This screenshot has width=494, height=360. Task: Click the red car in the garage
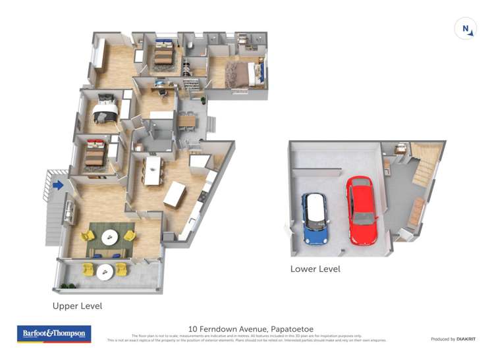tap(362, 210)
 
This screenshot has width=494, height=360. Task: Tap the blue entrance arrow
tap(58, 186)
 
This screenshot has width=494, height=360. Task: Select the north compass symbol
tap(466, 29)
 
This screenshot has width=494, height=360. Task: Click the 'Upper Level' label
tap(77, 306)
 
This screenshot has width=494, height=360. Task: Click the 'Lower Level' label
tap(315, 269)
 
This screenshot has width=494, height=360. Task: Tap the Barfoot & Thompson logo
tap(54, 334)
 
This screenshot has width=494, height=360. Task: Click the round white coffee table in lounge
tap(109, 237)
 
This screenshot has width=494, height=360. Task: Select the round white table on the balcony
tap(105, 270)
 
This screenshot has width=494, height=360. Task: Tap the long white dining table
tap(153, 170)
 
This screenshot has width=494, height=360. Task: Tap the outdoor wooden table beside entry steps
tap(186, 120)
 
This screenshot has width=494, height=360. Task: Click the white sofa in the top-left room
tap(99, 55)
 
